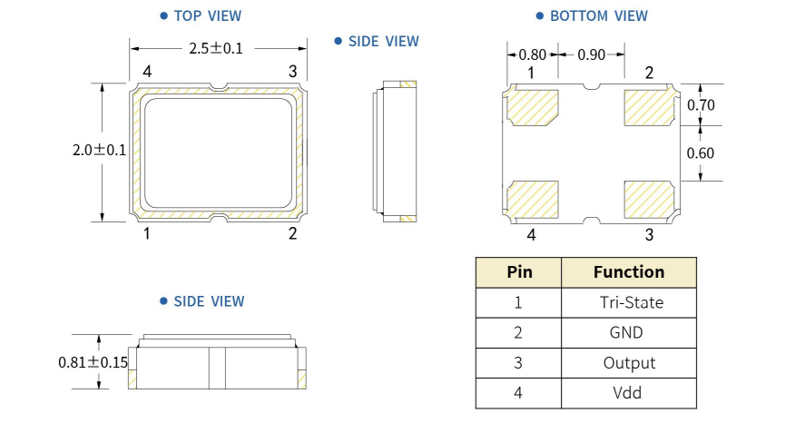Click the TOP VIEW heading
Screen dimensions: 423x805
(207, 15)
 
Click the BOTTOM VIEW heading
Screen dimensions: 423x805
(598, 15)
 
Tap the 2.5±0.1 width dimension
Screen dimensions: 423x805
(216, 48)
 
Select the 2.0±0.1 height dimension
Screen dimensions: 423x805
(99, 151)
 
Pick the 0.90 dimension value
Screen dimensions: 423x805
(591, 54)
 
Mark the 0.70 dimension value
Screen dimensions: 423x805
(701, 104)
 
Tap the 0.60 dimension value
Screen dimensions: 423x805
(701, 152)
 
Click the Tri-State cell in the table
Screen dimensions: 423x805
(629, 302)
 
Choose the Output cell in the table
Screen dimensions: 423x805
(629, 362)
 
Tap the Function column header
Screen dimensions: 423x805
(629, 271)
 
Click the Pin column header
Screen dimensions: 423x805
(518, 271)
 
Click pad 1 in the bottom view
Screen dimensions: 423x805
(533, 108)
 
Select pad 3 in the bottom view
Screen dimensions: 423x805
(647, 199)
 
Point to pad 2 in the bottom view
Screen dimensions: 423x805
(647, 108)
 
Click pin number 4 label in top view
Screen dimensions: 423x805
(146, 71)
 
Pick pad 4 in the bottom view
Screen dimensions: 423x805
(533, 199)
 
